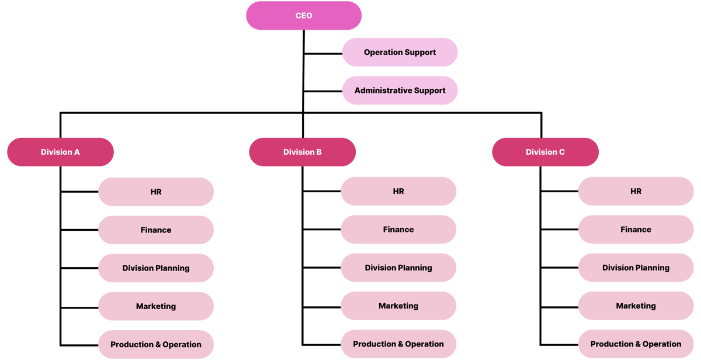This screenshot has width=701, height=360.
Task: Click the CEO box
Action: [304, 16]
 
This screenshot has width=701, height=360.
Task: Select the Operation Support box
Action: [400, 52]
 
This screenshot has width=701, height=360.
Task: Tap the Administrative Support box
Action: [400, 91]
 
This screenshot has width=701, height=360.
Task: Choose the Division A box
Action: [60, 152]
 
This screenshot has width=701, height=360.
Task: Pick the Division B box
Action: [302, 152]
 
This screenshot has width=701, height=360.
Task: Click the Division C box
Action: [545, 152]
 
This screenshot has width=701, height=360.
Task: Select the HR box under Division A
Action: [156, 192]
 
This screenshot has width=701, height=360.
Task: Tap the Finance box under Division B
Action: [398, 230]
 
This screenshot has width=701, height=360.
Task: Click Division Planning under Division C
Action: [636, 268]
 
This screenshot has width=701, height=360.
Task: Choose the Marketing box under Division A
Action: [156, 306]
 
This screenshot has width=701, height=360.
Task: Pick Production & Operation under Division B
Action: [398, 344]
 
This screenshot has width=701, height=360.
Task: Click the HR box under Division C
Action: [636, 191]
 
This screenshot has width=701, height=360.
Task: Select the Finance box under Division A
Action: [156, 230]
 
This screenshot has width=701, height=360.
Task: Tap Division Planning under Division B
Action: [398, 268]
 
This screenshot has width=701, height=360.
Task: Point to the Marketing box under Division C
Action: [636, 306]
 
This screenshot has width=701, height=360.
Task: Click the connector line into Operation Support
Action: [322, 54]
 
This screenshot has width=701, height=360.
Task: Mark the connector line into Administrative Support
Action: [322, 91]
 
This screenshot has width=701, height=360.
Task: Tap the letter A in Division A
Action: [77, 152]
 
